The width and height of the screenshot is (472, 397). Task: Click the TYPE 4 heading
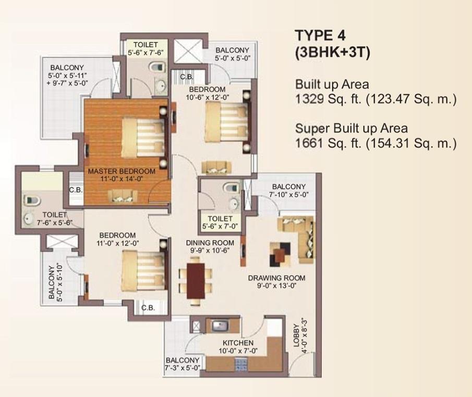320,35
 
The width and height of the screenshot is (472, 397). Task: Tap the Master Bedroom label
122,171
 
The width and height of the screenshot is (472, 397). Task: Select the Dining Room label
210,243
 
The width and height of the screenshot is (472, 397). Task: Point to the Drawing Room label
276,278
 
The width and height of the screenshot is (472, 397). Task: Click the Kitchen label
238,343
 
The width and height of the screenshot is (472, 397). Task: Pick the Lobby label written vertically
297,335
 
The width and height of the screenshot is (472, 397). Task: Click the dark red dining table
196,281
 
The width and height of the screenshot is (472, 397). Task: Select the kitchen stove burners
241,364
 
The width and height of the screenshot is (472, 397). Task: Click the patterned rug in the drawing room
281,255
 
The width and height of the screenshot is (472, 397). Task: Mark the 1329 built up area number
309,99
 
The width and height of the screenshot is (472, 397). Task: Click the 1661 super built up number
309,143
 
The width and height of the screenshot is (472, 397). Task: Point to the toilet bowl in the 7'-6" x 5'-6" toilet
32,201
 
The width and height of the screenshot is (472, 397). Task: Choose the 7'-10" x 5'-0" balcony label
289,190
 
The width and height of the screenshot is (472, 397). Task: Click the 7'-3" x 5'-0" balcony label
183,364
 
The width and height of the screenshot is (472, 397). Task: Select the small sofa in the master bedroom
123,196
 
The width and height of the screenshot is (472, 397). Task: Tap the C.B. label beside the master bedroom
76,190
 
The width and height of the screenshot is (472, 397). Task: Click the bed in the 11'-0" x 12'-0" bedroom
144,270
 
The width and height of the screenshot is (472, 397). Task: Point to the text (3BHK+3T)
332,53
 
